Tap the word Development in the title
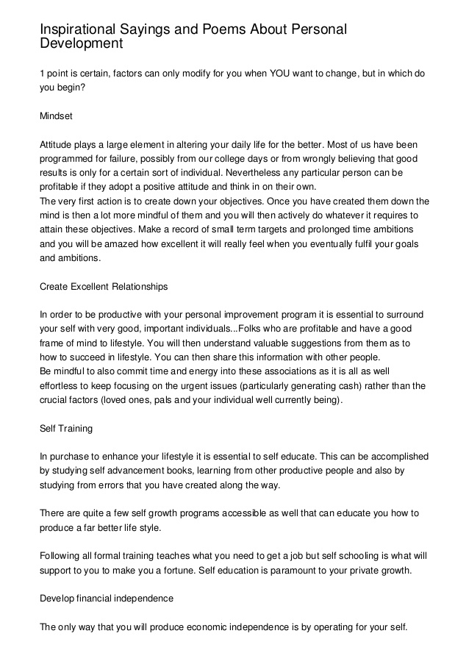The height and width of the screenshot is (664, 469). click(x=81, y=43)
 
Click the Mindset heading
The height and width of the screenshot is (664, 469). click(x=56, y=116)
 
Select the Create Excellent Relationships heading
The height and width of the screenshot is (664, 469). click(x=104, y=286)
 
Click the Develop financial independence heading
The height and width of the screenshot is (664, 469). click(x=107, y=598)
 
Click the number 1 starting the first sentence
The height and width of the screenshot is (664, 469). click(x=42, y=74)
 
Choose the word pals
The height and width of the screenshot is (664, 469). click(x=170, y=399)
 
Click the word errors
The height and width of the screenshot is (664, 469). click(x=101, y=485)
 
